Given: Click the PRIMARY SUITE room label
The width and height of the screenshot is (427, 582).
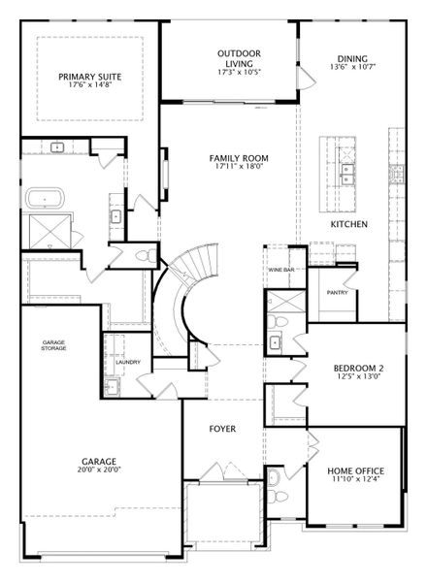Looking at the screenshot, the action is (90, 77).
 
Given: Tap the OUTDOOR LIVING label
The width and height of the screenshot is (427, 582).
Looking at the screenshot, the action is (239, 58).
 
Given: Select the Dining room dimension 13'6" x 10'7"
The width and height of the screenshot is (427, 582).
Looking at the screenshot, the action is (352, 67).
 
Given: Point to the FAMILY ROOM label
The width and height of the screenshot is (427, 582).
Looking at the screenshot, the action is (239, 158).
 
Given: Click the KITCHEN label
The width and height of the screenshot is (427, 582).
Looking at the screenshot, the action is (349, 224).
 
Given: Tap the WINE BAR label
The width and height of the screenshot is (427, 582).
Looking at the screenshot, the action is (281, 270).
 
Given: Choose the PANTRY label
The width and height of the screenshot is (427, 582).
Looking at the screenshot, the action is (337, 293).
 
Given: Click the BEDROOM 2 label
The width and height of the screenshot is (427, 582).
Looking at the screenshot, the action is (358, 369).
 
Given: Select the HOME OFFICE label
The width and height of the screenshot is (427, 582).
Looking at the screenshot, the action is (356, 471).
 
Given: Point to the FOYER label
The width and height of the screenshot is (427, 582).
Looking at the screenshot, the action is (222, 429).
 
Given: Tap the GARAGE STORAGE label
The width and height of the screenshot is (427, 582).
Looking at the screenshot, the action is (53, 345).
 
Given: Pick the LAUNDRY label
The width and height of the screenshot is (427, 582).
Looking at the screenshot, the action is (128, 362).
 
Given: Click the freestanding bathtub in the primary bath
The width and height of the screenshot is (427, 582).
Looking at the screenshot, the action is (45, 199).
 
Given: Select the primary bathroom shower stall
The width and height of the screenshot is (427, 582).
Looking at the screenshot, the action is (49, 232).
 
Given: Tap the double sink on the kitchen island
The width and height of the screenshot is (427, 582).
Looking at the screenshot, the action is (348, 175).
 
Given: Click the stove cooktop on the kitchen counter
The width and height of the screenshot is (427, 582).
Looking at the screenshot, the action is (396, 174).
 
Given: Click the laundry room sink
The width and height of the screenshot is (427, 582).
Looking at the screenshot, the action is (112, 387).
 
